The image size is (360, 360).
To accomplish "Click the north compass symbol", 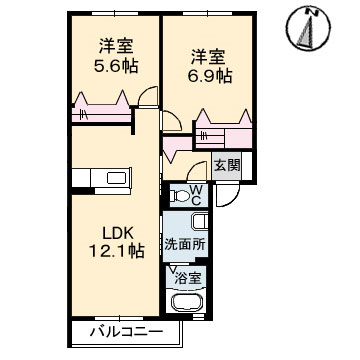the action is tap(309, 29).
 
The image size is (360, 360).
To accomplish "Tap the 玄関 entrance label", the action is tap(227, 165).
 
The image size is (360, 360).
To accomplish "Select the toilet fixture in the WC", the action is tap(178, 196).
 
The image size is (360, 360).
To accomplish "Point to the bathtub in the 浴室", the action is tap(187, 302).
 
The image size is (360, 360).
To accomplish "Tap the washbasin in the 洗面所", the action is tap(200, 222).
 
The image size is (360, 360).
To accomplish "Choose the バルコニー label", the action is tap(127, 332).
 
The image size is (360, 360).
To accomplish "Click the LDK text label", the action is tap(118, 234).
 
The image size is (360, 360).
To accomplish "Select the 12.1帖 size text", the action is tap(116, 251).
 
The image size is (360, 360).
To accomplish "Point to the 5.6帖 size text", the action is tap(116, 66).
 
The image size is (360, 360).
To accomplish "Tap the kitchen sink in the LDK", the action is tap(117, 178).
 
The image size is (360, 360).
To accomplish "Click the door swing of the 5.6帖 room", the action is tap(148, 97).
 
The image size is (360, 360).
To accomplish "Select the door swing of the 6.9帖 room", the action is tap(172, 121).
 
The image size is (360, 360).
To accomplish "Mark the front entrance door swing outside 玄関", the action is tap(228, 195).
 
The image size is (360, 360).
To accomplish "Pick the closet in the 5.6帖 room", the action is tap(102, 108).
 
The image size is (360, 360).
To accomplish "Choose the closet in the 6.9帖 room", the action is tap(224, 129).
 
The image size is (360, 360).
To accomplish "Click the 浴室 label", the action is tap(189, 278).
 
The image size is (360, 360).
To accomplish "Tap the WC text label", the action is tap(196, 195).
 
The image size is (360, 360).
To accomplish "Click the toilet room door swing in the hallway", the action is tap(197, 171).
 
